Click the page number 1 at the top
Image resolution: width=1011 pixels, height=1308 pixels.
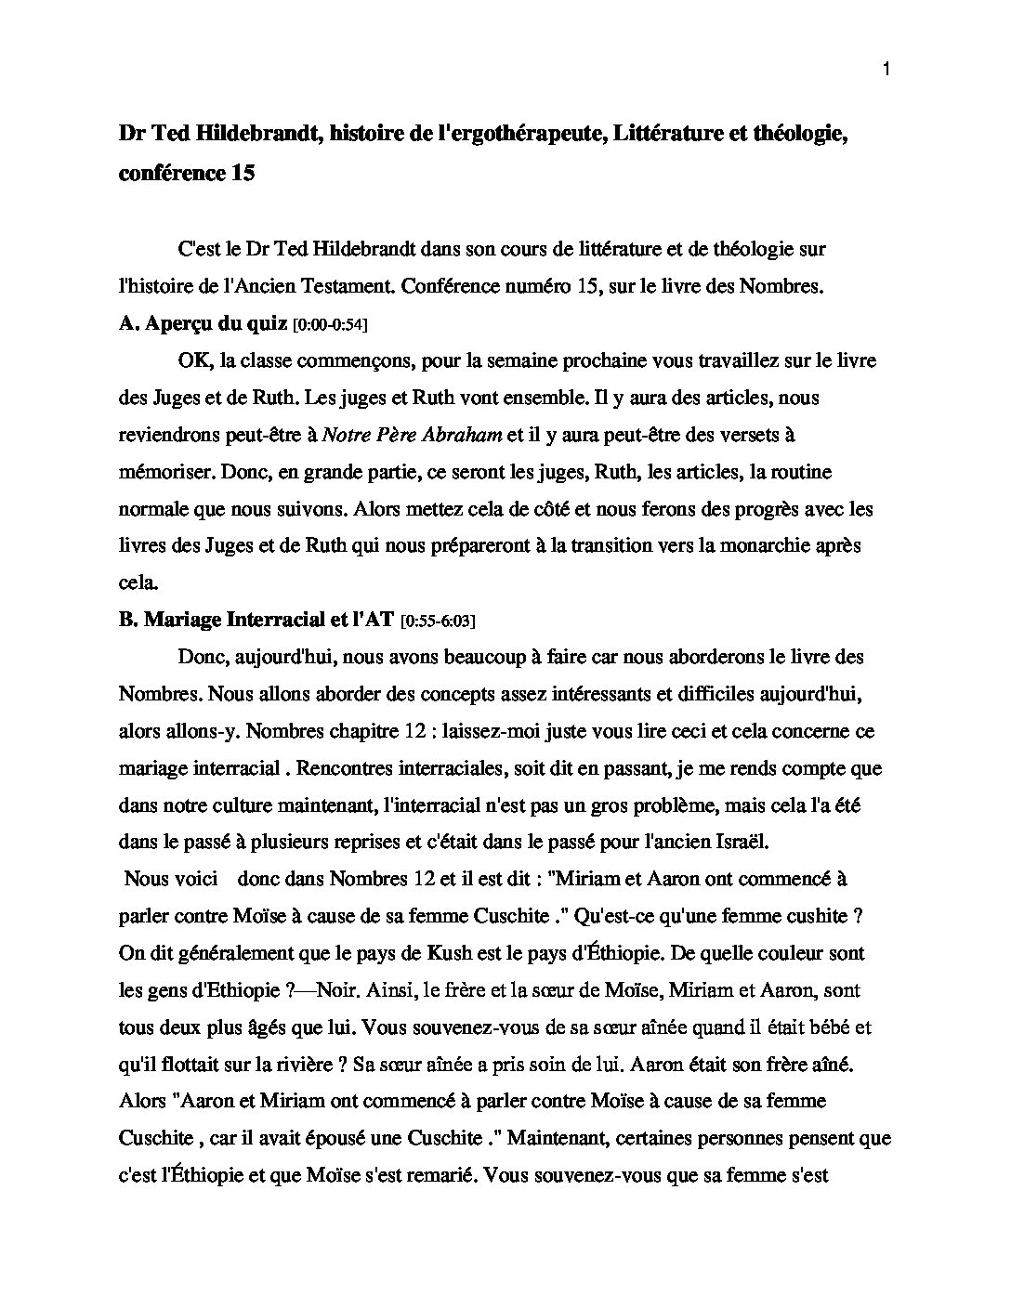886,70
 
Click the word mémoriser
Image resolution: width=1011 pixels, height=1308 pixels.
164,471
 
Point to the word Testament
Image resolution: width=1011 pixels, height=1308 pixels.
347,286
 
